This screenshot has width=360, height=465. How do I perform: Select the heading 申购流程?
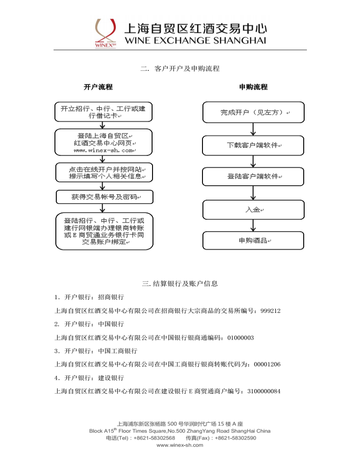253,87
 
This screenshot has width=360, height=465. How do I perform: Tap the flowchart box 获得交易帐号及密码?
104,197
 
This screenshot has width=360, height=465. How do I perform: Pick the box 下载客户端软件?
253,145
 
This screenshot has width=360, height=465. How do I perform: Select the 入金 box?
253,210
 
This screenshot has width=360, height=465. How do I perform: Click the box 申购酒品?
253,241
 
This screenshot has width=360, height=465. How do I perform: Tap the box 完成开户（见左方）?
253,112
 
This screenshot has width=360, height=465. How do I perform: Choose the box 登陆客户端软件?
253,176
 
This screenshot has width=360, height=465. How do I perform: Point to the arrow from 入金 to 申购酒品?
253,225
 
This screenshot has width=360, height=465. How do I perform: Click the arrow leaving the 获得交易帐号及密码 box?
104,208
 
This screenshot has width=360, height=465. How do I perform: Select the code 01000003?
240,337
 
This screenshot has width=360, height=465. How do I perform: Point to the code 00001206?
267,364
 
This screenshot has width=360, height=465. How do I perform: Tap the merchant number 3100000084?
264,391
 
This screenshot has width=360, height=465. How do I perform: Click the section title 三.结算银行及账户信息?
180,284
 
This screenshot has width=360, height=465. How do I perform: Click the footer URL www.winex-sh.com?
180,445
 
